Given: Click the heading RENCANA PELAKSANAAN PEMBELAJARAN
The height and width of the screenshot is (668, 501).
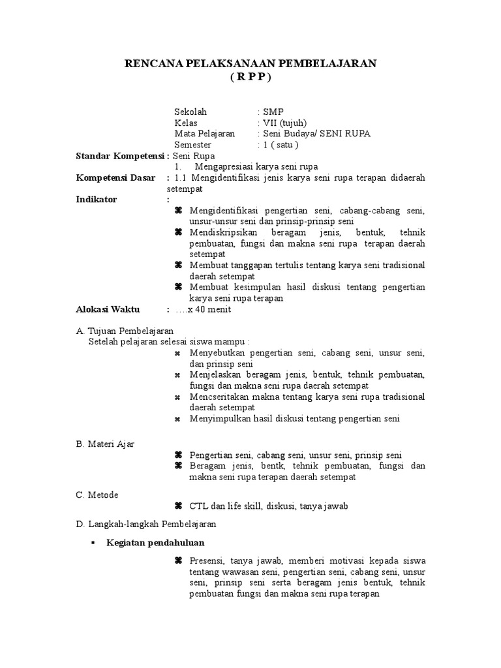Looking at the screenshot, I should pyautogui.click(x=250, y=63).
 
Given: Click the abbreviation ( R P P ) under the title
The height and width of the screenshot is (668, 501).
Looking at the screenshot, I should pyautogui.click(x=250, y=76).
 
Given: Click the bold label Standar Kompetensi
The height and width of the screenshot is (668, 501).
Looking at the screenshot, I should pyautogui.click(x=119, y=156).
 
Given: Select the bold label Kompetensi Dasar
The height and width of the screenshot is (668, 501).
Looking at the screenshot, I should pyautogui.click(x=115, y=178).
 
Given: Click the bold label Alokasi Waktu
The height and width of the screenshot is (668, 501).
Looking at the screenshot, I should pyautogui.click(x=108, y=310).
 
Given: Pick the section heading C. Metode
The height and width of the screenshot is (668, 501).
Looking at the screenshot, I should pyautogui.click(x=97, y=494).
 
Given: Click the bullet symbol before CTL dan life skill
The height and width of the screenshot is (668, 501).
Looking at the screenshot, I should pyautogui.click(x=178, y=506).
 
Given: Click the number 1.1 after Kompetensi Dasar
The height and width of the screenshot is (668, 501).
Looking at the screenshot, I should pyautogui.click(x=182, y=178).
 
